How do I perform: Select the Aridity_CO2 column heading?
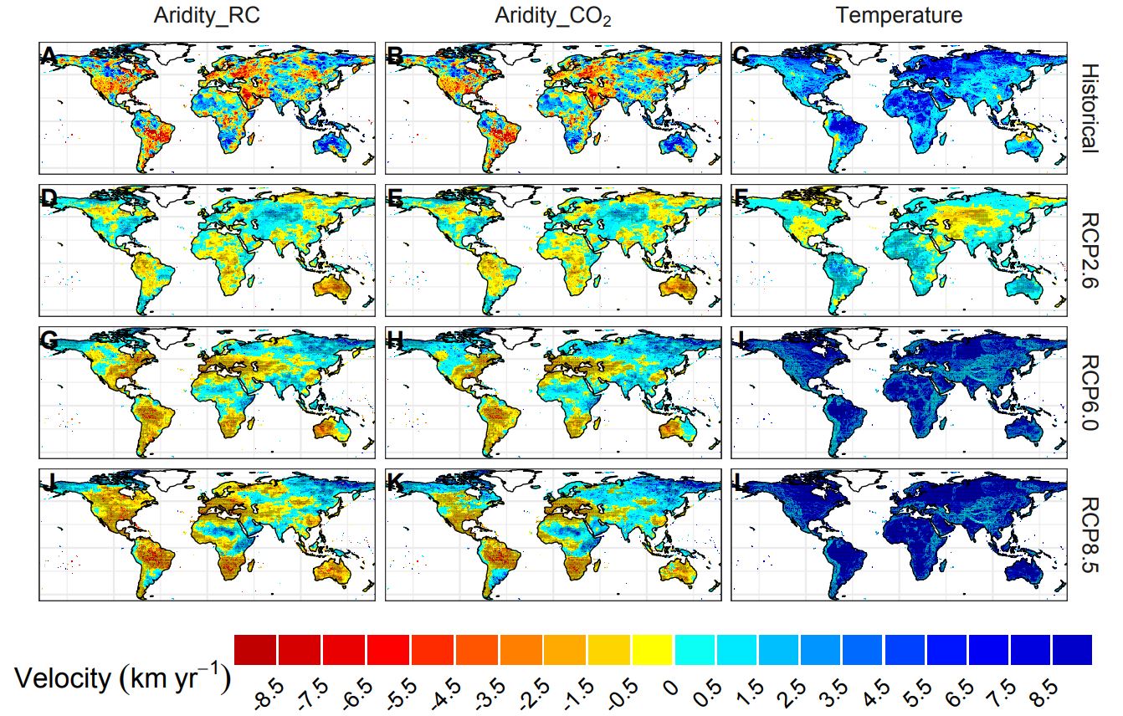[552, 16]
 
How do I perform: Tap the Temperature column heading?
[899, 15]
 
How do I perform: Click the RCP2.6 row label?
[1088, 250]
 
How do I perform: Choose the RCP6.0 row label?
[1088, 393]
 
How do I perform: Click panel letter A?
[49, 56]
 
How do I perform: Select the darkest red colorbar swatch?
[255, 649]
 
